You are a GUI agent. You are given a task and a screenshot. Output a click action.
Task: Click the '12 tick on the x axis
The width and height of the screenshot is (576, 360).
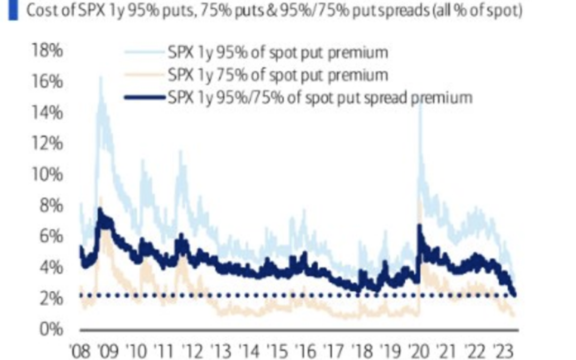pos(191,351)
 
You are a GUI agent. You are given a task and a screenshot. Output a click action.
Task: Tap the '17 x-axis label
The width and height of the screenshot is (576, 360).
pos(332,351)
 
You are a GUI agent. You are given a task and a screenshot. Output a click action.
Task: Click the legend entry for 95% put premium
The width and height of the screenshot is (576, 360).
pos(277,52)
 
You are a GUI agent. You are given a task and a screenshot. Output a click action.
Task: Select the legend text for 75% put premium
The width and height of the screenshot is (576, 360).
pos(277,75)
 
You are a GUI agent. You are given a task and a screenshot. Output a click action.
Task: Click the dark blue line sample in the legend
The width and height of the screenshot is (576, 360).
pos(144,98)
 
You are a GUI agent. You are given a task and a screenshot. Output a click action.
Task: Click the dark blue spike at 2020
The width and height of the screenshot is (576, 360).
pos(419,226)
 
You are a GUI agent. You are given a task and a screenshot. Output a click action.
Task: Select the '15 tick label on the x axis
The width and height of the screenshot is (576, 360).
pos(276,351)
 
